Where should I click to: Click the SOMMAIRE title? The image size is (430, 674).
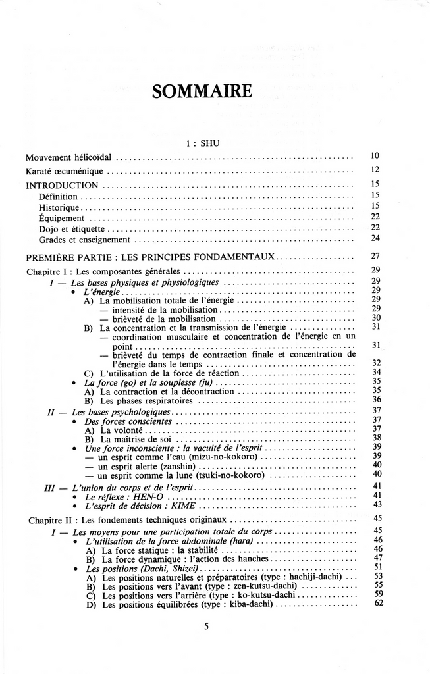click(x=202, y=91)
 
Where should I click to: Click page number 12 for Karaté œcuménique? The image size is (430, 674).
click(x=375, y=170)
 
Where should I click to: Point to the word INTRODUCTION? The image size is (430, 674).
click(x=63, y=185)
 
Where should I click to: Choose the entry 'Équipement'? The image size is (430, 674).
click(x=61, y=218)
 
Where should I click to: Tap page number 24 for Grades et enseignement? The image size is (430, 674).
click(x=375, y=238)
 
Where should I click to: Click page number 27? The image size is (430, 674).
click(x=375, y=255)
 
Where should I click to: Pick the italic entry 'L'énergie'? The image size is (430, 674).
click(x=101, y=291)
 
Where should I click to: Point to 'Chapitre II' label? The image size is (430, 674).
click(x=50, y=520)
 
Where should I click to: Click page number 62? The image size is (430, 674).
click(x=377, y=602)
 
